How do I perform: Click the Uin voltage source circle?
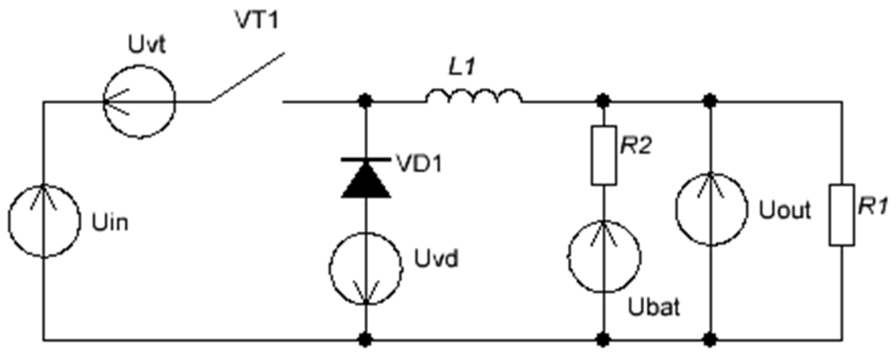[44, 221]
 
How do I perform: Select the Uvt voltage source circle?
[139, 102]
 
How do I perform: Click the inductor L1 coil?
[473, 96]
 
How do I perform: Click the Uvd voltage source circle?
[366, 268]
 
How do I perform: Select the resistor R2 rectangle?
[604, 155]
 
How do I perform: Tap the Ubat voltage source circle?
[604, 257]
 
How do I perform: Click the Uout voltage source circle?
[711, 209]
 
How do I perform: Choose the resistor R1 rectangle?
[842, 214]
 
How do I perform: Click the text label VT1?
[257, 20]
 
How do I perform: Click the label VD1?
[419, 164]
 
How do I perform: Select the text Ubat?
[654, 307]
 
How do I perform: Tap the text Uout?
[785, 210]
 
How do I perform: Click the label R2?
[636, 145]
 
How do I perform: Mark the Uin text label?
[110, 223]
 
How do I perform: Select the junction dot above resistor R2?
[604, 101]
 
